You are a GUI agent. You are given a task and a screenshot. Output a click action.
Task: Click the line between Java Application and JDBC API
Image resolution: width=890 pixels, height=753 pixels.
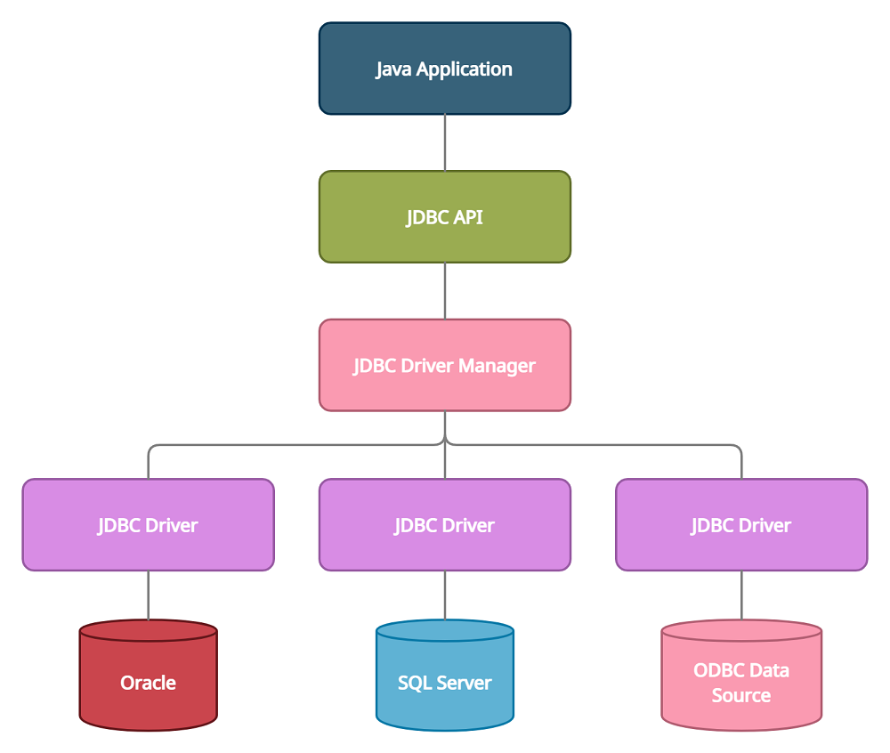tap(444, 142)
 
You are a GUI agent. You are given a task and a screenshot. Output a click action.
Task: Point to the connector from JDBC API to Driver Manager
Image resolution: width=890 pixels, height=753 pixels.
tap(444, 291)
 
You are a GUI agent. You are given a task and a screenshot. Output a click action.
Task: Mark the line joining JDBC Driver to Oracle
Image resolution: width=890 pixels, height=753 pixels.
tap(148, 595)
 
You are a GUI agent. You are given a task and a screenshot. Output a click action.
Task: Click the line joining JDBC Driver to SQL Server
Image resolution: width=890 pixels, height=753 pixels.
tap(444, 595)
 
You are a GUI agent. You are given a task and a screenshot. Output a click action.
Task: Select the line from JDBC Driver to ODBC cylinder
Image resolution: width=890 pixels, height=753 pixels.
tap(740, 595)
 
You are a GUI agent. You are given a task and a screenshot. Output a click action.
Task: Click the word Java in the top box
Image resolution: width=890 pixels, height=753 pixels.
tap(393, 69)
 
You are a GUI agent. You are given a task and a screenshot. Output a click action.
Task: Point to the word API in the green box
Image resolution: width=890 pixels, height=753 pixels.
tap(465, 217)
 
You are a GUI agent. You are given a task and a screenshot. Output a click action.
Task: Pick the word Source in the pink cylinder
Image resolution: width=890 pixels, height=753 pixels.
tap(740, 695)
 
